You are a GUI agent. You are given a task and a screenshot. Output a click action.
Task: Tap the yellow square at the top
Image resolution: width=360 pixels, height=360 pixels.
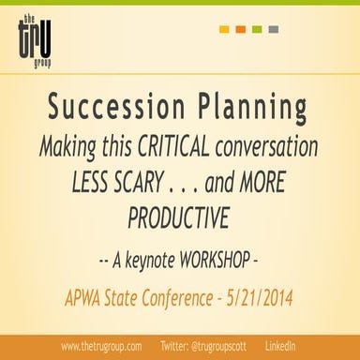(x=224, y=29)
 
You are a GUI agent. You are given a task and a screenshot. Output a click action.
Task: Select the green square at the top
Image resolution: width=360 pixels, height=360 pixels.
(x=256, y=29)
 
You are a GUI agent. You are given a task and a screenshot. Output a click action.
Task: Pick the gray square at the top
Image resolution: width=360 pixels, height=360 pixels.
(x=272, y=29)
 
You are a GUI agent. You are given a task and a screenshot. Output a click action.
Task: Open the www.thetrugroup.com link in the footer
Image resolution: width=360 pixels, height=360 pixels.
(x=101, y=346)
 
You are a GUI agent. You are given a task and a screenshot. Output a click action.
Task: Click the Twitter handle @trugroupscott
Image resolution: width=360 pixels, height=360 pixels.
(x=215, y=346)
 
